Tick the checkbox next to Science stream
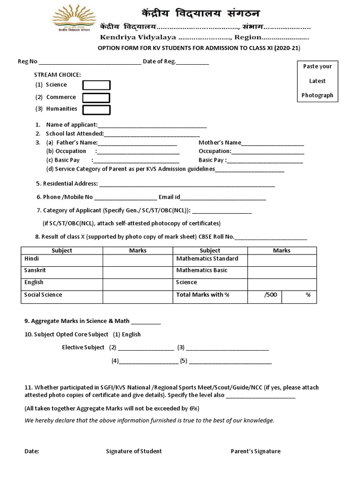96,85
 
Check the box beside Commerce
96,97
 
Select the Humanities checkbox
96,110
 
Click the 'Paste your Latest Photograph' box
317,81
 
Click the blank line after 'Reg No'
90,62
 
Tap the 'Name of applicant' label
72,125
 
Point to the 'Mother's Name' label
220,142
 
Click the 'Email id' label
169,197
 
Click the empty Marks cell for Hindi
138,260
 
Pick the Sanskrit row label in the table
35,270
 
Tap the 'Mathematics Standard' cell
207,259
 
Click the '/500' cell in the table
270,295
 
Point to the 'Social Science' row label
43,295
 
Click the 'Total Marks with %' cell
203,295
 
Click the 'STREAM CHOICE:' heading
57,75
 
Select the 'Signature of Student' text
134,451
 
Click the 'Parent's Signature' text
255,451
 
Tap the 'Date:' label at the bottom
32,451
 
